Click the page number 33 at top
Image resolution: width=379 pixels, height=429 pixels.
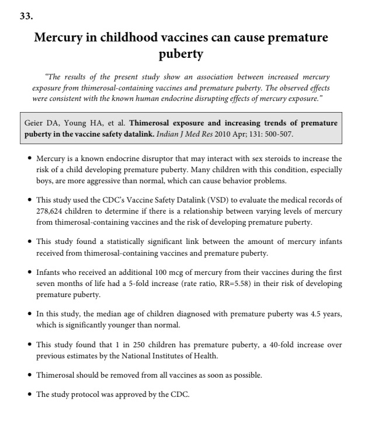[26, 16]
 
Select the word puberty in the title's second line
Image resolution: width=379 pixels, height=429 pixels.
[181, 55]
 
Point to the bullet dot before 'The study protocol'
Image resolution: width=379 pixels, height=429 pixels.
[30, 395]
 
